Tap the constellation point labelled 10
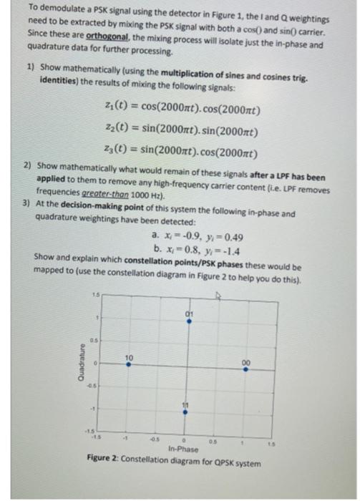pos(128,364)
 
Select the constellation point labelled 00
pos(246,369)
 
